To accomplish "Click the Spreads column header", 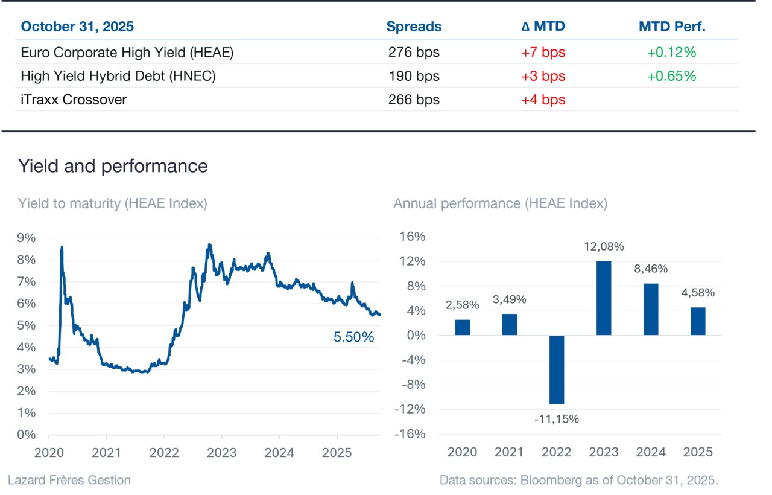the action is pos(414,27).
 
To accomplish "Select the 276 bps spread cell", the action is pos(414,53).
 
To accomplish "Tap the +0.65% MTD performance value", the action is pos(672,76).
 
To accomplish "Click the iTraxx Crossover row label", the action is pos(74,100).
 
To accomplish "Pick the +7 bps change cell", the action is pos(543,53).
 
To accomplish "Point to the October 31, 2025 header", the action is pos(77,27).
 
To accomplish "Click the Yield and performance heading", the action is pos(113,166).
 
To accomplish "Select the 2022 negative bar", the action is pos(557,369).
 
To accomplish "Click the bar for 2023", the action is pos(604,298).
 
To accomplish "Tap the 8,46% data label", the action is pos(651,269).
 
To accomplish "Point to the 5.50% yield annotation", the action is pos(353,337).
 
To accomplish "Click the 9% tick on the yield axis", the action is pos(27,238).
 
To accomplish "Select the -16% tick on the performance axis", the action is pos(410,434).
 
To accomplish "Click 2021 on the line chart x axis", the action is pos(106,453).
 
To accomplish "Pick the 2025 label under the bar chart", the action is pos(698,452).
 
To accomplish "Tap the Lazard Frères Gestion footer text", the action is pos(69,480).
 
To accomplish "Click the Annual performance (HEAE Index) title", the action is pos(501,203).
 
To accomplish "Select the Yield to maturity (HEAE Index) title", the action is pos(113,203).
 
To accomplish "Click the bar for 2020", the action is pos(462,327).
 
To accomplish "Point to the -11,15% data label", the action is pos(557,419).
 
